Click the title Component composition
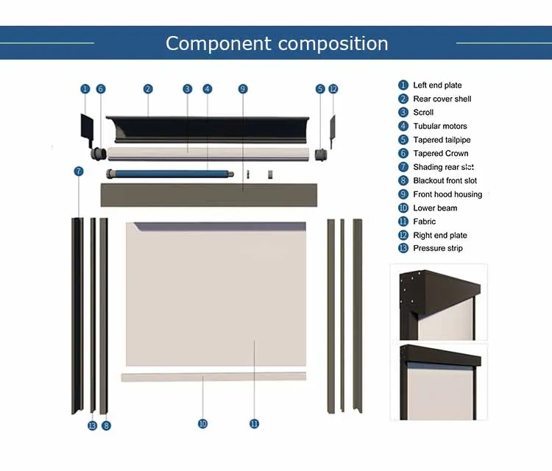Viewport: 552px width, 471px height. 277,43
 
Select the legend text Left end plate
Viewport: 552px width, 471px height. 437,85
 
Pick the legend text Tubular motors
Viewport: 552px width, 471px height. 439,127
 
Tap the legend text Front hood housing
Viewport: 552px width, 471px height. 447,194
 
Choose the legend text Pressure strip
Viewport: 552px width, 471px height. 438,249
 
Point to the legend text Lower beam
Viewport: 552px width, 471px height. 435,208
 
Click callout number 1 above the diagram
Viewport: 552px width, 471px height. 85,89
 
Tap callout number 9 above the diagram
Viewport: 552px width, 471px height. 243,89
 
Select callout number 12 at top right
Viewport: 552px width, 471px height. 333,89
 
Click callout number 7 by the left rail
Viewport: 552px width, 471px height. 79,171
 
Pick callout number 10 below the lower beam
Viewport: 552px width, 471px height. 202,424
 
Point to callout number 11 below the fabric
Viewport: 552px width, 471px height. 254,424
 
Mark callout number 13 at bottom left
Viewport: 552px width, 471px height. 92,425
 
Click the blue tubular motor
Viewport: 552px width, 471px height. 169,174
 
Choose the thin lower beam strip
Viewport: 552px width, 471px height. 213,377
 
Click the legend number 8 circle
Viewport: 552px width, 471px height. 403,181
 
